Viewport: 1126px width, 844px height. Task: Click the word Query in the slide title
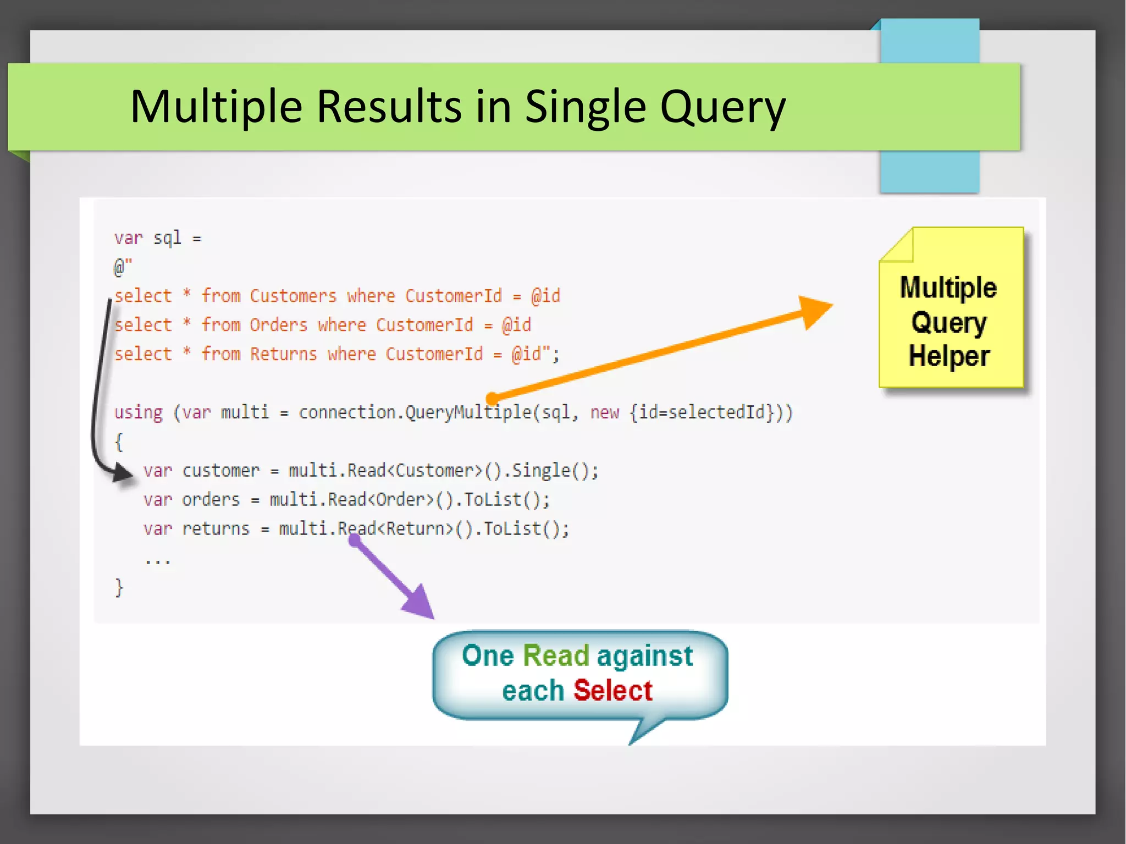pyautogui.click(x=722, y=107)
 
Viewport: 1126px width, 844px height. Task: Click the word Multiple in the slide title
pyautogui.click(x=216, y=107)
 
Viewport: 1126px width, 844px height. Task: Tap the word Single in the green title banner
pyautogui.click(x=585, y=107)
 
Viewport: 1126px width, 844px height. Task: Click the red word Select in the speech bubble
pyautogui.click(x=612, y=691)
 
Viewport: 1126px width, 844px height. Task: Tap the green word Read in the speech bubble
pyautogui.click(x=555, y=655)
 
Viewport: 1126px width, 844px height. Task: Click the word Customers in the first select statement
pyautogui.click(x=293, y=296)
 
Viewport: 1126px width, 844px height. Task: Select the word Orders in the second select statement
pyautogui.click(x=278, y=325)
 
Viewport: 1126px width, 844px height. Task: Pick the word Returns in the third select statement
pyautogui.click(x=283, y=354)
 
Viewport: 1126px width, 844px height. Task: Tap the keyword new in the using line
pyautogui.click(x=604, y=412)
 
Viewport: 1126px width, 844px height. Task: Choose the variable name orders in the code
pyautogui.click(x=211, y=500)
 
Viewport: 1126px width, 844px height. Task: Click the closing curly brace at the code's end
pyautogui.click(x=119, y=587)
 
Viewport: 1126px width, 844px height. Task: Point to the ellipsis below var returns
pyautogui.click(x=158, y=561)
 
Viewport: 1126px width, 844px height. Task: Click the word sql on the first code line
pyautogui.click(x=167, y=238)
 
